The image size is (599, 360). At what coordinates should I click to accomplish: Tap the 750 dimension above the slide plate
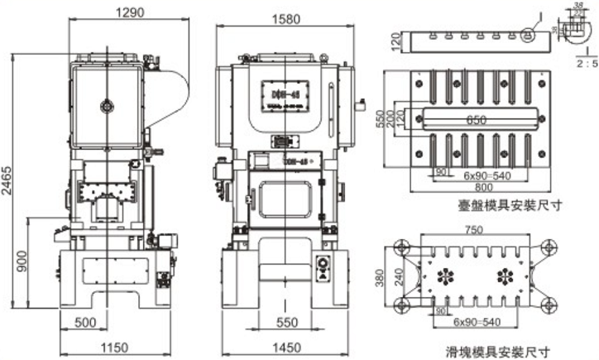click(473, 229)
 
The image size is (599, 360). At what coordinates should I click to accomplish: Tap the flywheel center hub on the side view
click(104, 104)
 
